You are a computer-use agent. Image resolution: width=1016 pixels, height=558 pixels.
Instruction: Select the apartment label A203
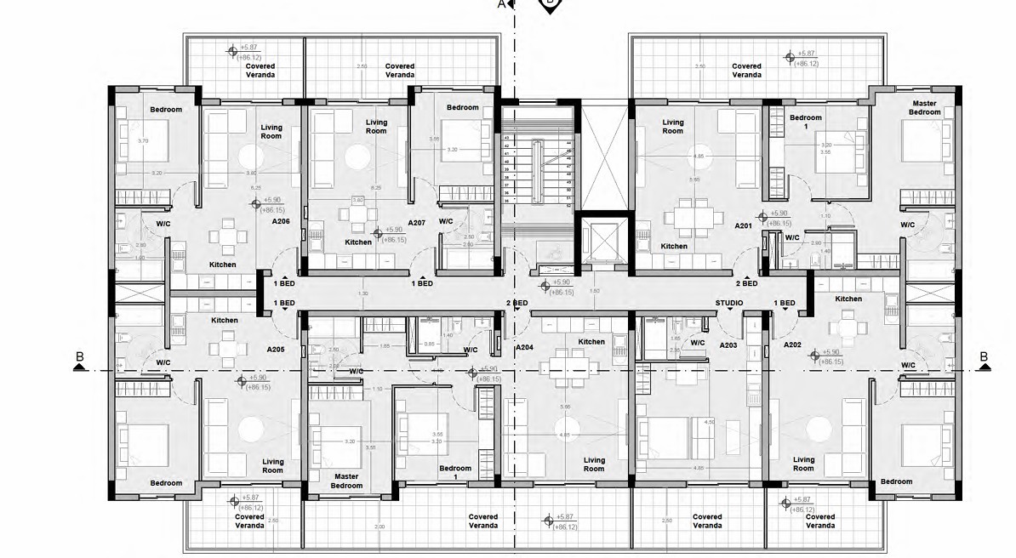coord(728,345)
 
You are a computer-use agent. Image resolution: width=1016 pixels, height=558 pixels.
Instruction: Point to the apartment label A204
coord(524,347)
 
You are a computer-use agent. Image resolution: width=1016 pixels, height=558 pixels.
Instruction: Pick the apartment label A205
coord(276,349)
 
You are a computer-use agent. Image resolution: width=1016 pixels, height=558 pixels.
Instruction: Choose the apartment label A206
coord(281,221)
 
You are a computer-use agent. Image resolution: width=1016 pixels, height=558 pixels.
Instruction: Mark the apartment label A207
coord(416,222)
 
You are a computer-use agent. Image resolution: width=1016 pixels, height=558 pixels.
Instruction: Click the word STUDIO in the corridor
coord(729,303)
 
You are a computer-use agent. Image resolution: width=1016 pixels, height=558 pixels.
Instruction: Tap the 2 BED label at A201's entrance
coord(746,283)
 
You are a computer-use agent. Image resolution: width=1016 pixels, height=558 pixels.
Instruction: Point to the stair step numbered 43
coord(508,138)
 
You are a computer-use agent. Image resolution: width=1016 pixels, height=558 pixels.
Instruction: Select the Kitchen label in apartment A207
coord(358,242)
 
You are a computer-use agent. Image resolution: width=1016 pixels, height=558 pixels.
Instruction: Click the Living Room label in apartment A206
coord(271,131)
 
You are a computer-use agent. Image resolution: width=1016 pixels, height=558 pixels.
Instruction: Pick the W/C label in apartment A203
coord(698,343)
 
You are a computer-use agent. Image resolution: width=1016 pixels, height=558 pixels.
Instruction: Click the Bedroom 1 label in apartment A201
coord(805,122)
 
